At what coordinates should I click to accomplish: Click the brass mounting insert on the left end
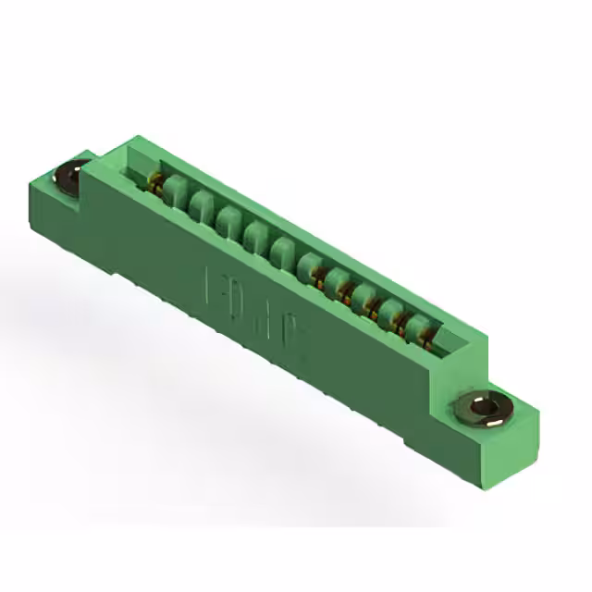70,176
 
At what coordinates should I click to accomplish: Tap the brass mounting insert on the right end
484,408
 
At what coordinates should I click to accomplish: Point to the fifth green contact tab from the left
283,250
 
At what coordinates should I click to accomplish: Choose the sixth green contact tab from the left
310,265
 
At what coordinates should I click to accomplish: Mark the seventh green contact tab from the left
337,280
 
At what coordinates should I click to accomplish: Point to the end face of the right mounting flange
523,435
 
